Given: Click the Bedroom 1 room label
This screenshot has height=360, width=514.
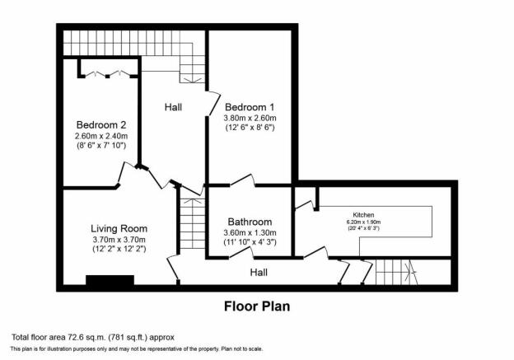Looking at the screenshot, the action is click(250, 107).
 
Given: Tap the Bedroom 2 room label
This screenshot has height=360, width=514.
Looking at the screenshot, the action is click(101, 125).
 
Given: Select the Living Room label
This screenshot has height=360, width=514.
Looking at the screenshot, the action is click(119, 228).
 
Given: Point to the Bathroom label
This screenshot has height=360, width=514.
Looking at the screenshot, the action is click(250, 222).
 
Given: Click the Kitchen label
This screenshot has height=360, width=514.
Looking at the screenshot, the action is click(363, 215).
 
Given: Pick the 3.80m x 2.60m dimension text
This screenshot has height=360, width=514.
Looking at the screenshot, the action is click(250, 118).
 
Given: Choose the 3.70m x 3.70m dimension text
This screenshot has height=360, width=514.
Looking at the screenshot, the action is click(119, 240).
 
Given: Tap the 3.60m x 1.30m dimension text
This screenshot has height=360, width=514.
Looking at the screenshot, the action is click(250, 233).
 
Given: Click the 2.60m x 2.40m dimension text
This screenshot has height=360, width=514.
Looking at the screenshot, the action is click(101, 135).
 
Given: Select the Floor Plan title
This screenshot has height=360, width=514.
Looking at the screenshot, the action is click(257, 306).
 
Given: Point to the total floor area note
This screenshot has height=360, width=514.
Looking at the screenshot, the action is click(93, 337).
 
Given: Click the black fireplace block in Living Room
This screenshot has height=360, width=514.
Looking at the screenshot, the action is click(110, 280).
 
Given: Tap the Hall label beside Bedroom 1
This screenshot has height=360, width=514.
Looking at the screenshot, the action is click(173, 107).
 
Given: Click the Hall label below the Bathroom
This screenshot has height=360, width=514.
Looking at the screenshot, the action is click(259, 273).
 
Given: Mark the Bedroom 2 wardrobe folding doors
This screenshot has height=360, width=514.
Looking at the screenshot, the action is click(107, 73).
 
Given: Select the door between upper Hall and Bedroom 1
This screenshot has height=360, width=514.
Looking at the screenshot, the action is click(213, 104).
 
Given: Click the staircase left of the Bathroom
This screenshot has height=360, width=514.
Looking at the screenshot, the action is click(193, 223).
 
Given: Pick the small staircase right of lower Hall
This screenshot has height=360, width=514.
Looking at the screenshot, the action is click(396, 273).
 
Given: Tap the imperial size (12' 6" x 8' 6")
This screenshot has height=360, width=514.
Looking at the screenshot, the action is click(250, 128).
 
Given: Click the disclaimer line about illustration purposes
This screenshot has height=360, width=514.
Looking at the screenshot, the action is click(137, 349).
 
